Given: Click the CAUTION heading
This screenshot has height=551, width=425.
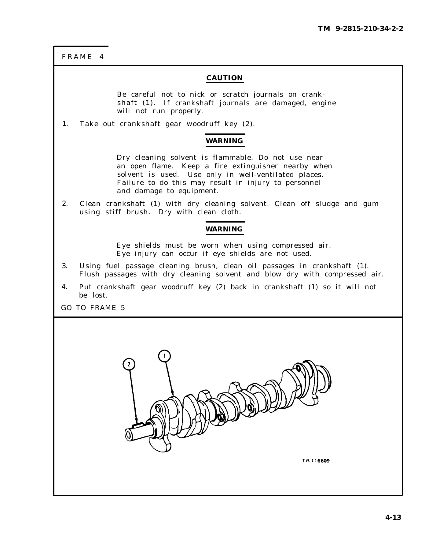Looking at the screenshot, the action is pyautogui.click(x=225, y=78).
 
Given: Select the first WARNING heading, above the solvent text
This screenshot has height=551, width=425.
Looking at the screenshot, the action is pyautogui.click(x=225, y=141).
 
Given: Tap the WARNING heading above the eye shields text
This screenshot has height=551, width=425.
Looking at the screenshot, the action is pyautogui.click(x=225, y=229).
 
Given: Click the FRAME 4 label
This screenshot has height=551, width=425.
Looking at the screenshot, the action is pyautogui.click(x=83, y=57).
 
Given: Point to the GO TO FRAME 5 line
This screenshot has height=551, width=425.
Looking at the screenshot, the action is pyautogui.click(x=93, y=308).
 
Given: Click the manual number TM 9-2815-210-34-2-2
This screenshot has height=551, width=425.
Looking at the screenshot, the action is pyautogui.click(x=361, y=29).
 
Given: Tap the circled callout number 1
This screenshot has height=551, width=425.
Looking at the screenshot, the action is pyautogui.click(x=164, y=356).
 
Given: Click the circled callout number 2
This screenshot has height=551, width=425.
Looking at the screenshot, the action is pyautogui.click(x=129, y=364).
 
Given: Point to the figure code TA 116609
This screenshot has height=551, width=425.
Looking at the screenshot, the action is pyautogui.click(x=316, y=461).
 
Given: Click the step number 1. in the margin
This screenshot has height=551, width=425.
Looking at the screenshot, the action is pyautogui.click(x=65, y=124).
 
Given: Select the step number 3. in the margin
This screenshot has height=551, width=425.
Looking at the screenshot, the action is pyautogui.click(x=65, y=266).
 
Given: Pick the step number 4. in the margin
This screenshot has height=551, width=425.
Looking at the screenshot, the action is pyautogui.click(x=64, y=287).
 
